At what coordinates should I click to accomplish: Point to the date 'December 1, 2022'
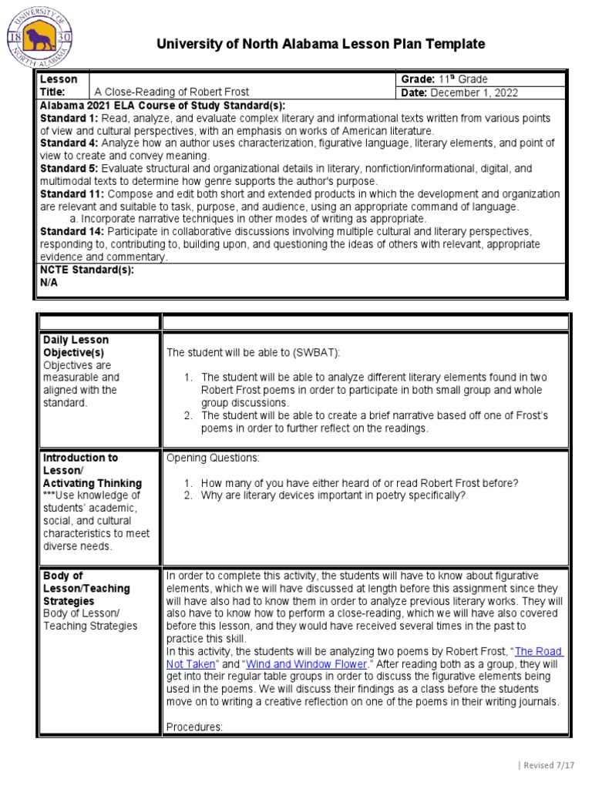(x=474, y=93)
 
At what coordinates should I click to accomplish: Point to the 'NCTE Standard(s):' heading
(x=86, y=270)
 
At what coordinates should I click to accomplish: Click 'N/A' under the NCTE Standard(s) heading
(x=49, y=282)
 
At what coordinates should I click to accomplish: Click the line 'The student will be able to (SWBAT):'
(x=253, y=352)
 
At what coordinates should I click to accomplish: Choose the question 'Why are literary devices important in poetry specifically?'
(x=333, y=495)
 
